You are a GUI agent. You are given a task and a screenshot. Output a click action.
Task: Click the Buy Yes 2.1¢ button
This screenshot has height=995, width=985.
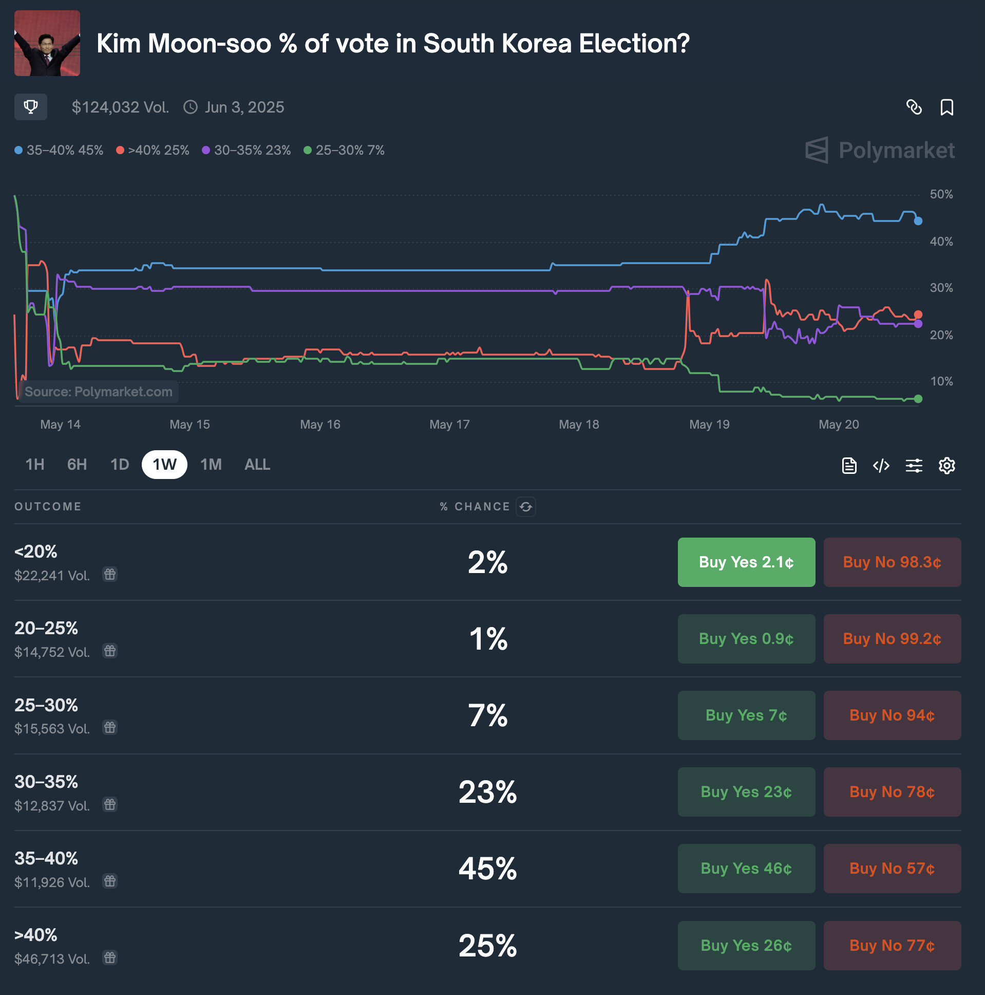pos(746,562)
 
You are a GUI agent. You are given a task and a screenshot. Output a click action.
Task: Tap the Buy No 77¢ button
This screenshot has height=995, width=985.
pos(892,945)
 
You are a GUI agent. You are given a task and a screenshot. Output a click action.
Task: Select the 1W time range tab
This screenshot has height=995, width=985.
pos(164,465)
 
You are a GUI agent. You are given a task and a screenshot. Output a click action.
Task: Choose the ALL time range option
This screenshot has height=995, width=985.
pos(257,465)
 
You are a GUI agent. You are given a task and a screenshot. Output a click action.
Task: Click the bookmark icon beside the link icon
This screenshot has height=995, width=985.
pos(946,107)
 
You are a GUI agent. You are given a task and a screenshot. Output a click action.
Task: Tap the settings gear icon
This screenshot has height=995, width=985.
pos(946,466)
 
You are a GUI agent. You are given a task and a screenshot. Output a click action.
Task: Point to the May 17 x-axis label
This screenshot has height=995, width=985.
pos(449,425)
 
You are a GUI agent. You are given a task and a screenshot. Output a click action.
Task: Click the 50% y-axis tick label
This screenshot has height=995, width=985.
pos(941,195)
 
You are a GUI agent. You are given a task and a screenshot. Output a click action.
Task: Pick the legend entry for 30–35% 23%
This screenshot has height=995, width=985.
pos(247,151)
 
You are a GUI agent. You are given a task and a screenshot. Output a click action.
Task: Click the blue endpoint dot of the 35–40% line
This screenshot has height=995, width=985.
pos(918,221)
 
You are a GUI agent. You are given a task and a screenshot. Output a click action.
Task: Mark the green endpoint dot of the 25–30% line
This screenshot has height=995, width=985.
pos(918,399)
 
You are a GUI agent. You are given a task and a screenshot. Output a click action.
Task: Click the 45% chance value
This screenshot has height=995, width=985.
pos(487,868)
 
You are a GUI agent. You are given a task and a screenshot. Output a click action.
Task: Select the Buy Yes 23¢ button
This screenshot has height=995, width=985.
pos(746,791)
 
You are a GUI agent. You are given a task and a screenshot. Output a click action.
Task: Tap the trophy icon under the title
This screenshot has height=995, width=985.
pos(31,107)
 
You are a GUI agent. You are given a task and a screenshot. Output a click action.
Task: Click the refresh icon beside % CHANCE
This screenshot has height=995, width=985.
pos(525,507)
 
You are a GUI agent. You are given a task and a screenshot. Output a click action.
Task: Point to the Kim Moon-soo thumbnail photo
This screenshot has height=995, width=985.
pos(47,43)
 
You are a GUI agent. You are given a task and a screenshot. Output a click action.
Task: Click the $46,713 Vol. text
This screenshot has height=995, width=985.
pos(52,959)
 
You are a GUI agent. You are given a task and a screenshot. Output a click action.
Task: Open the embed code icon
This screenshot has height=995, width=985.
pos(881,466)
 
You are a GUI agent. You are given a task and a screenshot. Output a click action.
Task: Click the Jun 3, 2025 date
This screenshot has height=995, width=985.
pos(244,107)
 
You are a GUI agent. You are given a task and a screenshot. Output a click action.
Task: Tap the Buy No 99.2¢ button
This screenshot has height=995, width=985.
pos(892,639)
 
